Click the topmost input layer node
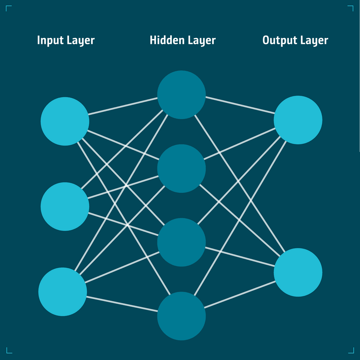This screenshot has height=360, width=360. (65, 121)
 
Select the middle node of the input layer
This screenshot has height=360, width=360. (65, 206)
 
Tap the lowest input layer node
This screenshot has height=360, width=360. (63, 292)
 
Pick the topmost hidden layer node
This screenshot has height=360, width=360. (181, 94)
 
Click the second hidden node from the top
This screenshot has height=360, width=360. (181, 168)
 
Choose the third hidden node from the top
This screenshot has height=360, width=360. (181, 242)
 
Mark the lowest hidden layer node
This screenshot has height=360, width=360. (181, 316)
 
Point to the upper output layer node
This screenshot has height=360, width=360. (298, 120)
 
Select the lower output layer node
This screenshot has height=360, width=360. (298, 272)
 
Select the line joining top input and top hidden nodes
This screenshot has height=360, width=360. (123, 106)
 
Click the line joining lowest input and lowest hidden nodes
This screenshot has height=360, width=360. (122, 304)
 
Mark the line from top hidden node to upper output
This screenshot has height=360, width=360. (240, 105)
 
